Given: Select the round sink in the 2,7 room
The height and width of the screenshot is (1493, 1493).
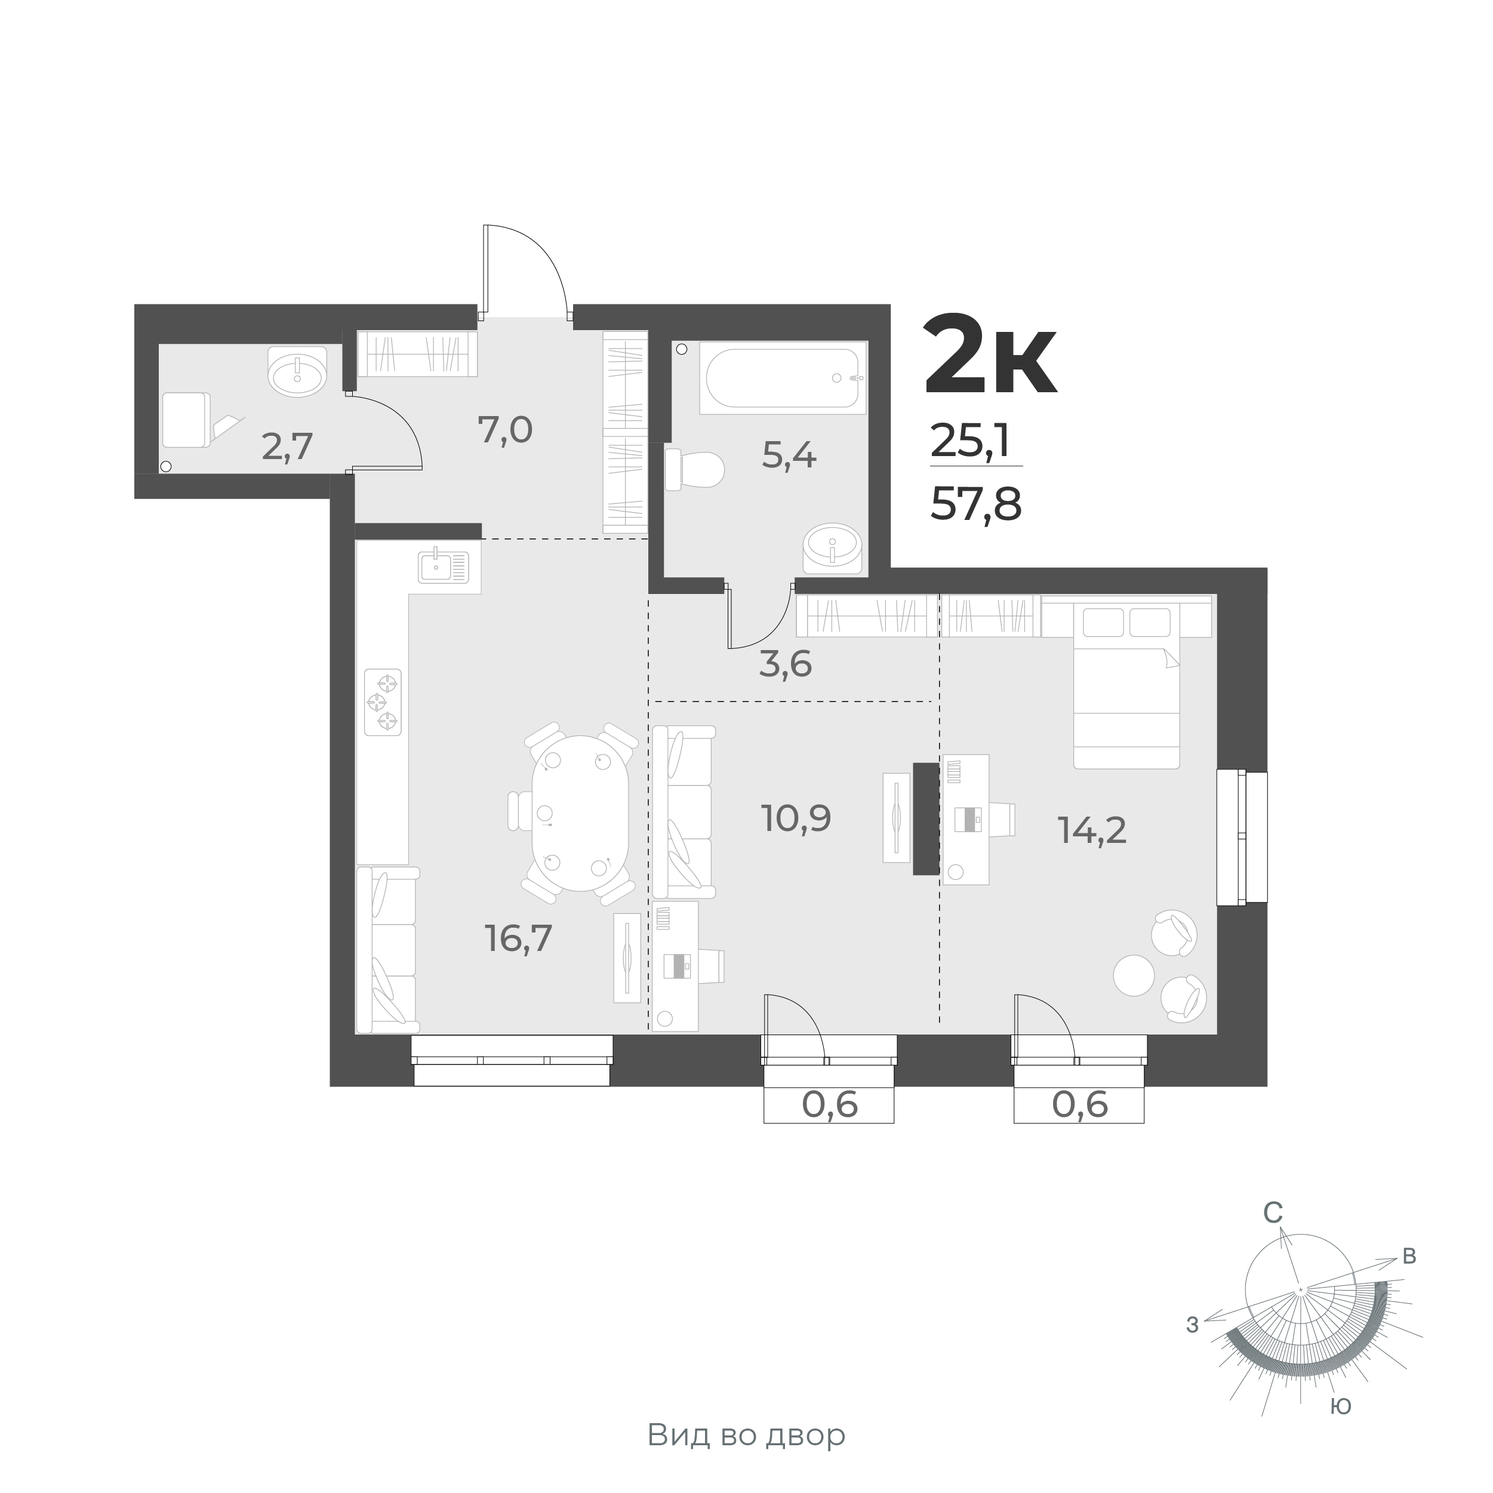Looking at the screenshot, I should tap(297, 373).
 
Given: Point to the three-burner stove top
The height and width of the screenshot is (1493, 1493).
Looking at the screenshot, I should tap(383, 701).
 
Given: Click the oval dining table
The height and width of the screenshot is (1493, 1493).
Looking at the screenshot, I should tap(580, 813).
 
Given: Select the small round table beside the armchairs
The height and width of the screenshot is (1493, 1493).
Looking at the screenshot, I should tap(1133, 975).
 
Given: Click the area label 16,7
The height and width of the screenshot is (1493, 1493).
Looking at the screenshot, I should tap(519, 938).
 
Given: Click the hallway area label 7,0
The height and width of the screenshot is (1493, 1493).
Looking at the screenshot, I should tap(506, 430).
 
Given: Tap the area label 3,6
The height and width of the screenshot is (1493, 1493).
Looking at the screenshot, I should tap(785, 664).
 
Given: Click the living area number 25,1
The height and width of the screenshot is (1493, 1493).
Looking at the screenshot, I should tap(971, 441).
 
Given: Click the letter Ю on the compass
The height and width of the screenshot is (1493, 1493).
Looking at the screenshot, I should tap(1341, 1407).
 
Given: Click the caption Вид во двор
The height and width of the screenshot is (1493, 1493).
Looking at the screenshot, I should tap(746, 1435).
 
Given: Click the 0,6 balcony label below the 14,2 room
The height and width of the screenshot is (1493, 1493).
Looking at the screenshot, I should tap(1079, 1105).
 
